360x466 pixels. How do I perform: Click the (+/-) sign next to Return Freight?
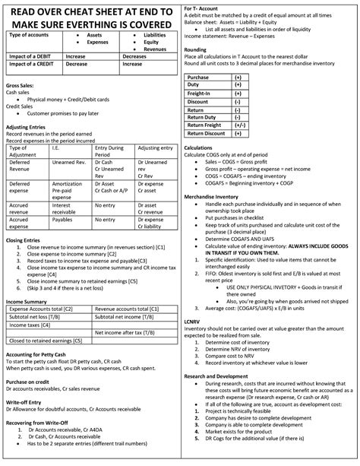(238, 125)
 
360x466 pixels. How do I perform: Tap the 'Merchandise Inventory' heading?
(216, 196)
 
